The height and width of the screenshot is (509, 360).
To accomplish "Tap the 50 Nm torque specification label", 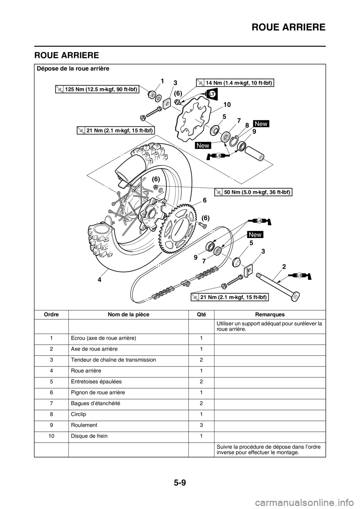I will (253, 192).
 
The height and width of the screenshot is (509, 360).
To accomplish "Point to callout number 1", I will (162, 81).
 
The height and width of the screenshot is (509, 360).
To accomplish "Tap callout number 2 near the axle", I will (284, 267).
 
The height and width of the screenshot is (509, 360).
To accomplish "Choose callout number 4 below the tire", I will (100, 279).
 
